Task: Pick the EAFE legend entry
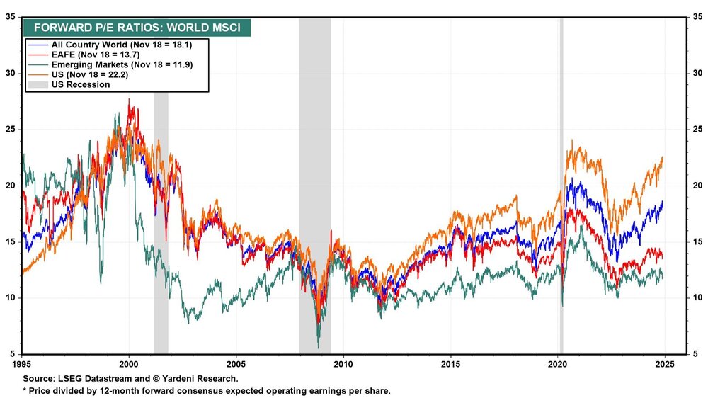tap(95, 55)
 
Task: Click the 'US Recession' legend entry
tap(78, 84)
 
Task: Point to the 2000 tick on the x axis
tap(129, 365)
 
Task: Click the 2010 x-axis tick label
tap(343, 365)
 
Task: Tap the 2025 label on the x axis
tap(663, 365)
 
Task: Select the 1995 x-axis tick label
tap(23, 365)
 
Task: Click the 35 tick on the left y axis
tap(11, 16)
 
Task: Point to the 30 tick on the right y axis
tap(696, 73)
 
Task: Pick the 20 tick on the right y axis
tap(696, 186)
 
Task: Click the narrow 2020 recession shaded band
tap(561, 212)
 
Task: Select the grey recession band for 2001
tap(161, 212)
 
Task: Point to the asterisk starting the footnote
tap(25, 391)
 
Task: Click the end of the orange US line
tap(662, 158)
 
